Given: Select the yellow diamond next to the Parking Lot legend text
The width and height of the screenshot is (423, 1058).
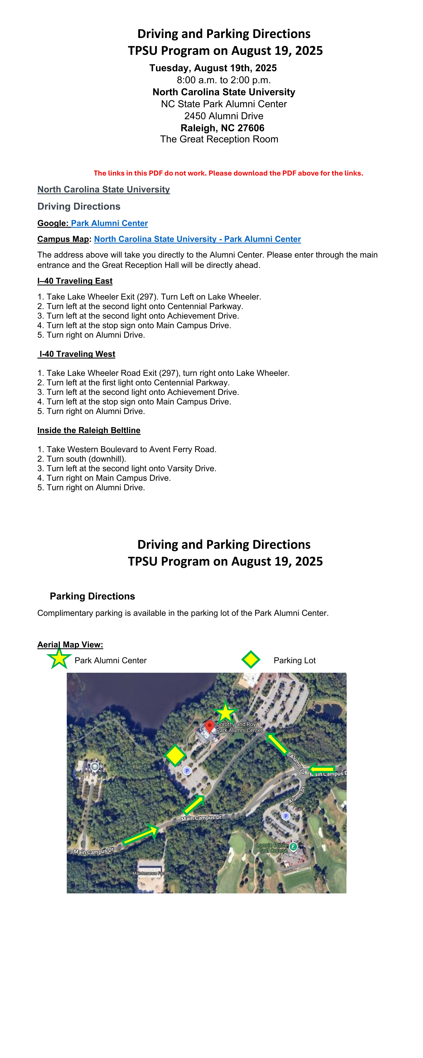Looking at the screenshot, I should click(250, 659).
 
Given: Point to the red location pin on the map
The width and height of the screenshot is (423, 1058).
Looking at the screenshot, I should click(210, 726).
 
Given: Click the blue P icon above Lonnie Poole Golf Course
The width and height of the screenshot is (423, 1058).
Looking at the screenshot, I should click(286, 816).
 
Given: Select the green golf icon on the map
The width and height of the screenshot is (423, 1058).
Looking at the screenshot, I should click(293, 846).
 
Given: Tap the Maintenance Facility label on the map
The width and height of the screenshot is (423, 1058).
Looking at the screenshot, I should click(152, 873).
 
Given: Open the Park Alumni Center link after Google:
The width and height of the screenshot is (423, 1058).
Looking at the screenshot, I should click(109, 223).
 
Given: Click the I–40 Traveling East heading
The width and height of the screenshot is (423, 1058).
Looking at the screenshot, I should click(75, 281).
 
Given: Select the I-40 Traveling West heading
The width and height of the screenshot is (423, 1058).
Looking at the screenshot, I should click(77, 354).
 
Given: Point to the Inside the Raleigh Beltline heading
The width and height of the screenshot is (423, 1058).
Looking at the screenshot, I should click(89, 430).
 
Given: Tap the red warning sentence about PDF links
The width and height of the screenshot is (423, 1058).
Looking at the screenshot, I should click(228, 173).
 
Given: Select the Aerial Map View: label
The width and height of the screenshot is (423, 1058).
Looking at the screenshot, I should click(70, 644).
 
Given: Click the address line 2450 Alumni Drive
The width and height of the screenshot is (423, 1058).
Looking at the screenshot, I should click(224, 116).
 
